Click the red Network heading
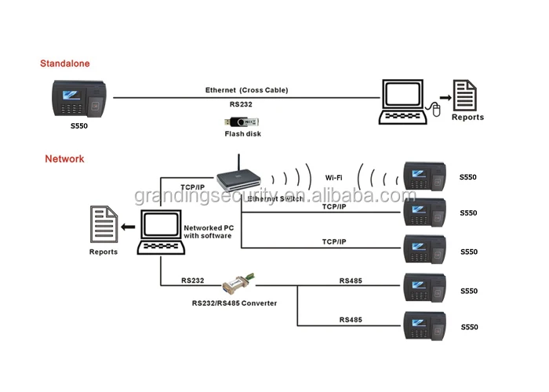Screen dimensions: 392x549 coord(64,158)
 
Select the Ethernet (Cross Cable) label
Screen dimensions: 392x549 coord(247,90)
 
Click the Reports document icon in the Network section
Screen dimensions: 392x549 coord(103,225)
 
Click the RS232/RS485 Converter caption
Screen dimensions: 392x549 coord(235,303)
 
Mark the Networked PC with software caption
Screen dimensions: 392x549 coord(207,231)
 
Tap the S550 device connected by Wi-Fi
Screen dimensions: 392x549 coord(424,177)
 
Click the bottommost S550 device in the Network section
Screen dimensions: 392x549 coord(424,327)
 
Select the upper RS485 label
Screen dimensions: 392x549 coord(351,280)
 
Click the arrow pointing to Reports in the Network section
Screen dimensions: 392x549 coord(125,227)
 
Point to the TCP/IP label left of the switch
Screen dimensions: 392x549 coord(193,187)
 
